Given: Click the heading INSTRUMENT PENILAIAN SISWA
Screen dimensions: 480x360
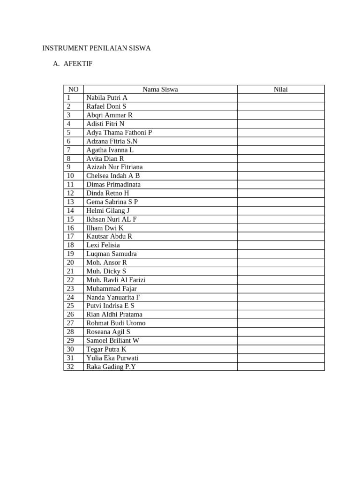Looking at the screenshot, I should point(97,48).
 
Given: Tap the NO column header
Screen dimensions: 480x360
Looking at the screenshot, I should point(74,89).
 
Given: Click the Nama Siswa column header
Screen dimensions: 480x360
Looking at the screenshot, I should point(160,89).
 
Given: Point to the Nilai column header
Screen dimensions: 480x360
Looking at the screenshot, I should point(280,89).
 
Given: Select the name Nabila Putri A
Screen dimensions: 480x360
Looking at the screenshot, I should point(107,97).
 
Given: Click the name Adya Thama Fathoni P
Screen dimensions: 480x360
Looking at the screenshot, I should point(119,132).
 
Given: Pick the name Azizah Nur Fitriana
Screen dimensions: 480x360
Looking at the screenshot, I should point(114,167).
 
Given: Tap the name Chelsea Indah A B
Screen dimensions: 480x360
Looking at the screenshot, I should point(113,176).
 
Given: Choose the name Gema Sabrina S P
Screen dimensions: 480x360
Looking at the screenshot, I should point(112,202).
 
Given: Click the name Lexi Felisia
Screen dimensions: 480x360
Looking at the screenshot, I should point(103,245).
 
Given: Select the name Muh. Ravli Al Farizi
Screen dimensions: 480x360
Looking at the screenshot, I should point(116,280).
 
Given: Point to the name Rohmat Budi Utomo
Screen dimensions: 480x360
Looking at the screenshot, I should point(116,323).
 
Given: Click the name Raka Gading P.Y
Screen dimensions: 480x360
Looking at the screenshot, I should point(111,367).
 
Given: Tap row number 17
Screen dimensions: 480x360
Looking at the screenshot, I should point(71,236).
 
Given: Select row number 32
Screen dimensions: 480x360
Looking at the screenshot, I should point(71,367).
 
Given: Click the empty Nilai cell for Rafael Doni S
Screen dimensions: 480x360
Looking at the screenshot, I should point(280,106).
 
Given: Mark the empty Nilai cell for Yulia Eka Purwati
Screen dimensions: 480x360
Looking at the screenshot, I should point(280,358).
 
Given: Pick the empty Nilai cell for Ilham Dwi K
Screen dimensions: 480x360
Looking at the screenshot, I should point(280,228).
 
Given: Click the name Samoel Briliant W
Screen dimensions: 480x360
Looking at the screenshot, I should point(112,340).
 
